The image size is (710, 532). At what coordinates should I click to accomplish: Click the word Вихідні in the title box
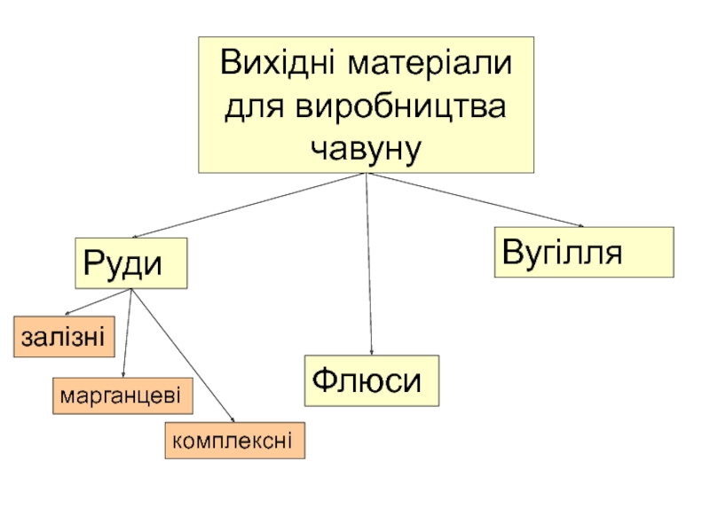tap(280, 65)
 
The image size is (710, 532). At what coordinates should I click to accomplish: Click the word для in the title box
tap(256, 106)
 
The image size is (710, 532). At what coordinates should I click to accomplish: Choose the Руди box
tap(131, 263)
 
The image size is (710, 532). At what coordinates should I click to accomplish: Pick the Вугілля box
tap(583, 252)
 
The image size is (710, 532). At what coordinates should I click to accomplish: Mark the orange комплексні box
tap(234, 441)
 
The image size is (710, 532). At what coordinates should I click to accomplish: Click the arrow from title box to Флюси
tap(368, 266)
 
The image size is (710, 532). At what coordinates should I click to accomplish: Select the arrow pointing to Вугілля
tap(475, 200)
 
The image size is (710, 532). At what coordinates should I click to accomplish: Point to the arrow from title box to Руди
tap(248, 207)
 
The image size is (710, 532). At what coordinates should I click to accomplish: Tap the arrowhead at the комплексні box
tap(231, 420)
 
